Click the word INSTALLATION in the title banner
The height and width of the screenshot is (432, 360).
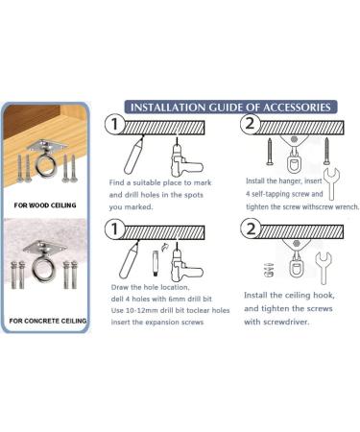tap(168, 108)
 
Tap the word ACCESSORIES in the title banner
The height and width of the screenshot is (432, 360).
tap(297, 108)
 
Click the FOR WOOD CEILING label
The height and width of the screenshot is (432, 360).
tap(45, 205)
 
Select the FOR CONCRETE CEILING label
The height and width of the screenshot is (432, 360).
tap(48, 321)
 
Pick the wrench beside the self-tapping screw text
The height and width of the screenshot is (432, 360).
tap(332, 183)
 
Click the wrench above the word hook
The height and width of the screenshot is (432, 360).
tap(324, 267)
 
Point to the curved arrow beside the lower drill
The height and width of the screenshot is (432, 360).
tap(165, 247)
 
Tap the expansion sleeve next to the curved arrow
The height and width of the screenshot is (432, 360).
tap(156, 264)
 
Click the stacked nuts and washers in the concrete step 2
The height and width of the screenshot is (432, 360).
tap(270, 270)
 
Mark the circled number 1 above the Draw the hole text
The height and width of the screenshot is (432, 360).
tap(114, 228)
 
